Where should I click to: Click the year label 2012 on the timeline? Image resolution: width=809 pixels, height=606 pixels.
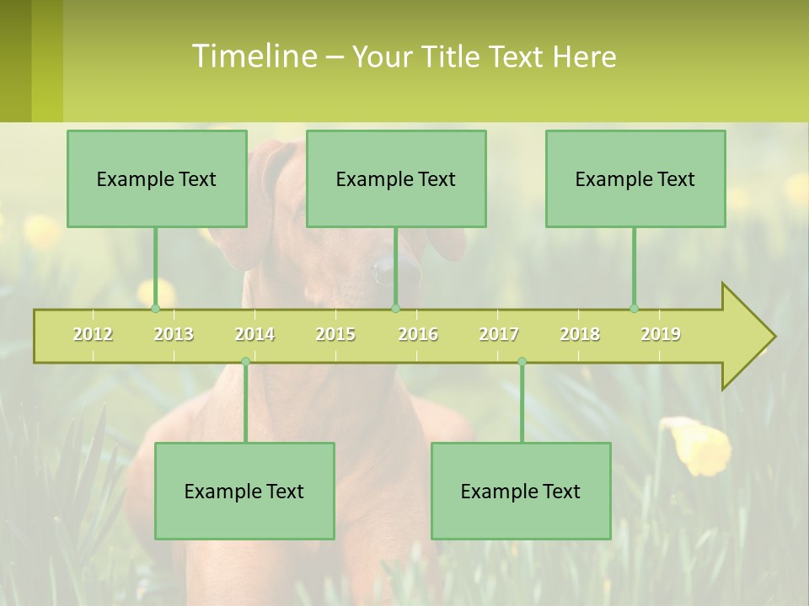click(93, 334)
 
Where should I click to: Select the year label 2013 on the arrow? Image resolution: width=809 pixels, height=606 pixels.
click(174, 334)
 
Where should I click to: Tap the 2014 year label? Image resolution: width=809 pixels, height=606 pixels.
click(254, 334)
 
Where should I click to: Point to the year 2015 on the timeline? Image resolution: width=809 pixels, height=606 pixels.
click(335, 334)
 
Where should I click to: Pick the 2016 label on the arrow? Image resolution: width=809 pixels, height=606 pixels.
click(418, 334)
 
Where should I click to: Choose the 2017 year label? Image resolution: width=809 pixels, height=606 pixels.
click(499, 334)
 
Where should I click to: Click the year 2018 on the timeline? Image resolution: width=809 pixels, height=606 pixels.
click(580, 334)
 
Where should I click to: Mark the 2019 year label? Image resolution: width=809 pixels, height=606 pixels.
click(661, 334)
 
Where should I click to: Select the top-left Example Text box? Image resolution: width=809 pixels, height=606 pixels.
click(157, 179)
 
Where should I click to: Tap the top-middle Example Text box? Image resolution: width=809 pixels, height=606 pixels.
click(396, 179)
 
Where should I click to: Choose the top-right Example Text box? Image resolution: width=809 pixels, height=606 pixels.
click(635, 179)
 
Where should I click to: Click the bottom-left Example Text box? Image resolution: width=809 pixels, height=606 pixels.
click(244, 492)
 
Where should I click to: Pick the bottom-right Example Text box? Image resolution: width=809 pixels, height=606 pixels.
click(521, 492)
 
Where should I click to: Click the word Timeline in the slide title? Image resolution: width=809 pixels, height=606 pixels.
click(254, 56)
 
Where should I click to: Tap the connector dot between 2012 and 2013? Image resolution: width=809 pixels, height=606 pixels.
click(155, 309)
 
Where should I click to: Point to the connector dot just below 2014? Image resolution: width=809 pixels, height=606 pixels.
click(245, 362)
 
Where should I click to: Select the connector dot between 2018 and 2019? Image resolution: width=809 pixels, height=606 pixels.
click(634, 309)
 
